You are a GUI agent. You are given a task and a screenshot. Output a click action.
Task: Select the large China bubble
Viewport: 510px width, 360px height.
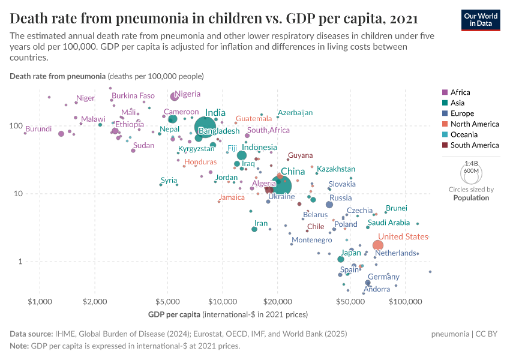[x=280, y=185]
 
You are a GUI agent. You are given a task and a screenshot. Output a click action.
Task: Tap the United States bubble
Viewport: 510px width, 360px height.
[x=377, y=245]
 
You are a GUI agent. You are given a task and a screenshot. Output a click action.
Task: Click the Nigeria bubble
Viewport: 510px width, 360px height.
[x=175, y=96]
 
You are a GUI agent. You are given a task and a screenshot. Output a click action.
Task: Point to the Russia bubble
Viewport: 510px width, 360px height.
[x=329, y=205]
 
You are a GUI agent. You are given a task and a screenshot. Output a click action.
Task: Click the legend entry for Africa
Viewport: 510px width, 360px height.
[x=460, y=92]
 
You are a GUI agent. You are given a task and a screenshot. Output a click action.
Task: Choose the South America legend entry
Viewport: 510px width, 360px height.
[x=474, y=145]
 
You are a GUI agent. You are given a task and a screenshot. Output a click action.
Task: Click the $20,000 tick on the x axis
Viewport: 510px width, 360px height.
[x=277, y=299]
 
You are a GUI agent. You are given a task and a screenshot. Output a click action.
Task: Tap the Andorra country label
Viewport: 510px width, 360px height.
[x=377, y=289]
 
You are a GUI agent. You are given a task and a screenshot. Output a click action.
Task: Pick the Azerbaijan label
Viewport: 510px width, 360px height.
[x=295, y=113]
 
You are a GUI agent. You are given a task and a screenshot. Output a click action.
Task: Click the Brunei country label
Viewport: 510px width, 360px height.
[x=396, y=208]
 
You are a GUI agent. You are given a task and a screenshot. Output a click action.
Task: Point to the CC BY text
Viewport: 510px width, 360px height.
[x=488, y=334]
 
